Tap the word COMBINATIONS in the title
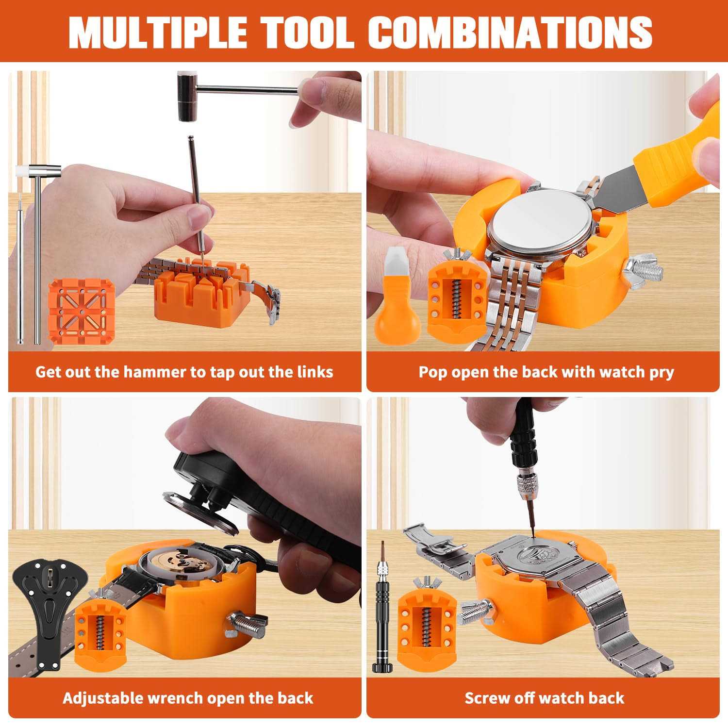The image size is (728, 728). tap(510, 32)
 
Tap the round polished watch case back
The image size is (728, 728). tap(541, 226)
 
